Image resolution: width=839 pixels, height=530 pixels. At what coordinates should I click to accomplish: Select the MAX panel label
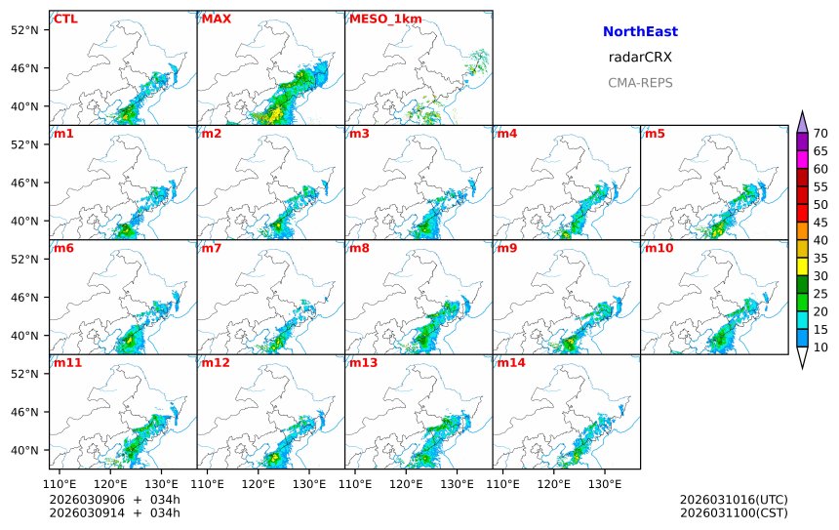point(216,19)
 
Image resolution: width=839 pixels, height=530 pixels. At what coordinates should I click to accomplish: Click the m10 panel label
point(659,248)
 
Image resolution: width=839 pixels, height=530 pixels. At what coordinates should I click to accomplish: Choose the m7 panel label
point(212,248)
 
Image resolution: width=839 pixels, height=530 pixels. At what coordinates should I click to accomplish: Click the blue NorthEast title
point(640,32)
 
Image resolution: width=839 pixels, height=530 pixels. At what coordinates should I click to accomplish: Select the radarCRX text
point(640,58)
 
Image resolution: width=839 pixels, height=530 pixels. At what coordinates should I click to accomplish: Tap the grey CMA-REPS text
point(640,83)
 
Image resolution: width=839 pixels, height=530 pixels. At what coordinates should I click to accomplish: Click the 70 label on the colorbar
point(820,134)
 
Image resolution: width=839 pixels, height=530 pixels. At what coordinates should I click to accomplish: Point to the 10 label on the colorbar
point(820,347)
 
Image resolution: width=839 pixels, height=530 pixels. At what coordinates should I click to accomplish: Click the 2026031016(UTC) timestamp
point(734,500)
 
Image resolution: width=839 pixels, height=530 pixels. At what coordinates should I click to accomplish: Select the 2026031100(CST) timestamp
point(734,512)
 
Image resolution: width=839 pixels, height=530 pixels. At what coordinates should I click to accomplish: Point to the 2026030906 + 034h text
point(114,500)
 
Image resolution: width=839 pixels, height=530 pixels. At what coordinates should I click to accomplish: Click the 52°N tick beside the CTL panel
point(30,29)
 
